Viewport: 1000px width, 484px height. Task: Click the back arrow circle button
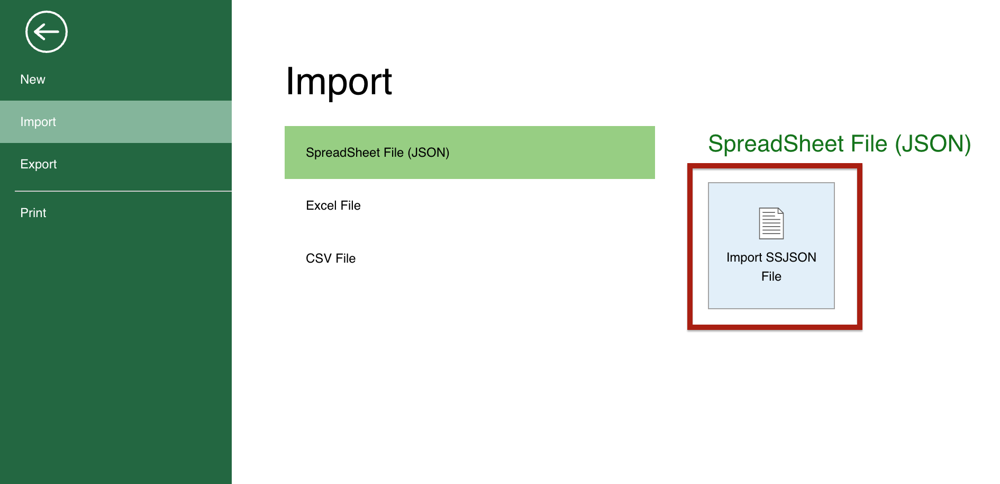coord(47,32)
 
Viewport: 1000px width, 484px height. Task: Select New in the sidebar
coord(33,79)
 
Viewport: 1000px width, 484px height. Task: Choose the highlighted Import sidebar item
coord(38,122)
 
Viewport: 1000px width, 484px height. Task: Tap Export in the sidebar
coord(39,164)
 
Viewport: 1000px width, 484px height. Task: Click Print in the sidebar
coord(33,213)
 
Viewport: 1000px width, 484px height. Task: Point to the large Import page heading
coord(339,82)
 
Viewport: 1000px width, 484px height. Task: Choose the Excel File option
coord(333,205)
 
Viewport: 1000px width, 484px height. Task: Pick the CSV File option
coord(331,258)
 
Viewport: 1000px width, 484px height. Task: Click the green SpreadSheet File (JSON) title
coord(839,144)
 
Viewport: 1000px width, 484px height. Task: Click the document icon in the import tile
coord(771,223)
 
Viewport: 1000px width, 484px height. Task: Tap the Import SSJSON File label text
coord(771,266)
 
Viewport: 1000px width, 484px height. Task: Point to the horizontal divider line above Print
coord(123,191)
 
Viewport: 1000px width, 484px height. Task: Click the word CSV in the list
coord(319,258)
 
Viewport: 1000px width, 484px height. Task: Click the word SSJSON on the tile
coord(790,257)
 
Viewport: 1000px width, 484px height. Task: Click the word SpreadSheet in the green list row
coord(343,153)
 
